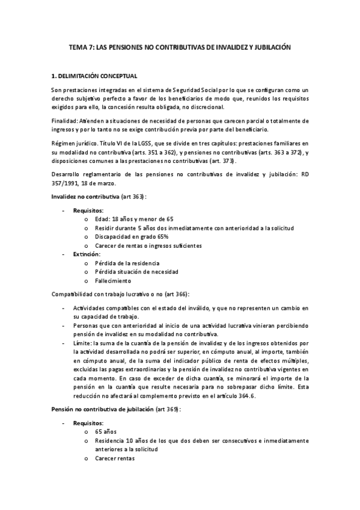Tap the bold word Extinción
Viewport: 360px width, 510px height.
[86, 254]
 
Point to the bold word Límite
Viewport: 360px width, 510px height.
[84, 343]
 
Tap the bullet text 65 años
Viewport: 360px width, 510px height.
[106, 432]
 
